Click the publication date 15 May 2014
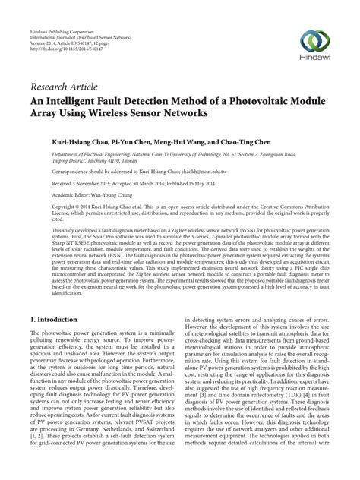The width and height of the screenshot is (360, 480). [x=194, y=183]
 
